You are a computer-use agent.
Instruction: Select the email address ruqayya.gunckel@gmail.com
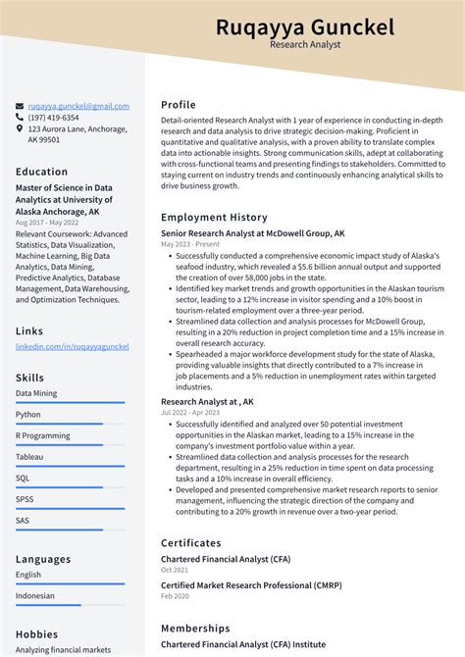click(78, 106)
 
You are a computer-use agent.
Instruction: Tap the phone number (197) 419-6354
click(54, 118)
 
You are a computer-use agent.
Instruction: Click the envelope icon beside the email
click(20, 106)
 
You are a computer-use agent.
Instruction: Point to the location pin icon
click(20, 128)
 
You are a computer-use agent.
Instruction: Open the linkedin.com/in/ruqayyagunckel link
click(73, 347)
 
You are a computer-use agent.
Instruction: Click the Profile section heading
click(179, 105)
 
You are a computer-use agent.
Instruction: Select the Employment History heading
click(214, 218)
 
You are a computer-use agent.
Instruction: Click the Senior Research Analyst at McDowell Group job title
click(252, 234)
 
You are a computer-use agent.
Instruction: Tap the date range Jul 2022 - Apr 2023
click(190, 412)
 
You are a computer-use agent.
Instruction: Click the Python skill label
click(28, 414)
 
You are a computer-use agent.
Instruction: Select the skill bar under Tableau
click(70, 467)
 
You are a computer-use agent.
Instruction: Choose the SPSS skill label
click(26, 499)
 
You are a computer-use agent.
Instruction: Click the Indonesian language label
click(36, 595)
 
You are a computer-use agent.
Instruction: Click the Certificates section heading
click(191, 543)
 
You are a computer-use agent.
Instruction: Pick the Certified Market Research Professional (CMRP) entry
click(266, 585)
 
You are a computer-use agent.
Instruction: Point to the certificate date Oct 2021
click(175, 570)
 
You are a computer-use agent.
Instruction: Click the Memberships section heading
click(195, 629)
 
